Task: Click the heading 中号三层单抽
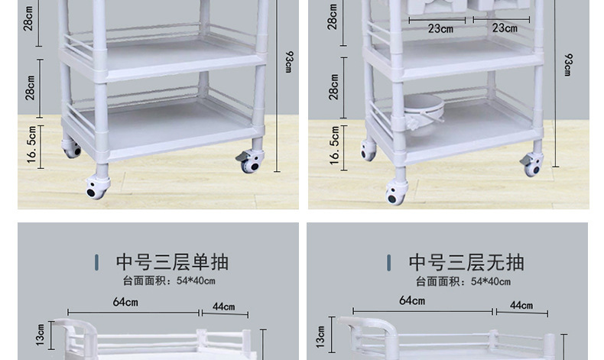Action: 172,262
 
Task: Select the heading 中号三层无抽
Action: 466,262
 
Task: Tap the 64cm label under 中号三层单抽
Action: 125,302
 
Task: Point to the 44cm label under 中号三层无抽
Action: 521,305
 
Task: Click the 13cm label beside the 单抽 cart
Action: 41,333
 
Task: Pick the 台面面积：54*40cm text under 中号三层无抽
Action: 464,281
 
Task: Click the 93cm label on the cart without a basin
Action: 287,61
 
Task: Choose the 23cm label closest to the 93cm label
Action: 505,28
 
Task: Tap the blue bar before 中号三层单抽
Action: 96,263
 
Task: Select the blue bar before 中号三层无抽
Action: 389,263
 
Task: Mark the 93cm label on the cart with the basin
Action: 567,64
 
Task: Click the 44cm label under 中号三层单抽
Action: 224,306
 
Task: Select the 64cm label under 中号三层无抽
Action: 412,301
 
